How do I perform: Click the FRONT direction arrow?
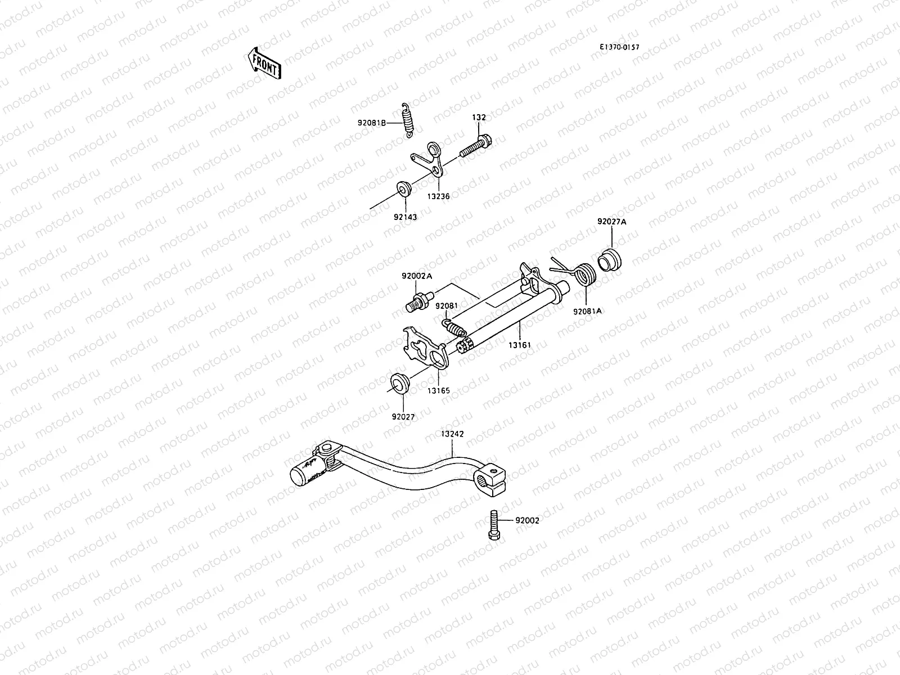(263, 62)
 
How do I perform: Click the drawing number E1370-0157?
(619, 48)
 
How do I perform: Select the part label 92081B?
(371, 122)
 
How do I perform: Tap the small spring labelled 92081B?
(407, 120)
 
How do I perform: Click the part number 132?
(479, 118)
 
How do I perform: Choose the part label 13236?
(438, 196)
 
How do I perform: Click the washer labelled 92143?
(403, 188)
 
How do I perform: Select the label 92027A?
(611, 222)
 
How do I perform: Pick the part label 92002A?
(417, 276)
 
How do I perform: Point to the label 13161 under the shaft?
(520, 344)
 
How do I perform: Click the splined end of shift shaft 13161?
(465, 346)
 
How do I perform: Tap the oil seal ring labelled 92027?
(400, 382)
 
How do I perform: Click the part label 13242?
(452, 434)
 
